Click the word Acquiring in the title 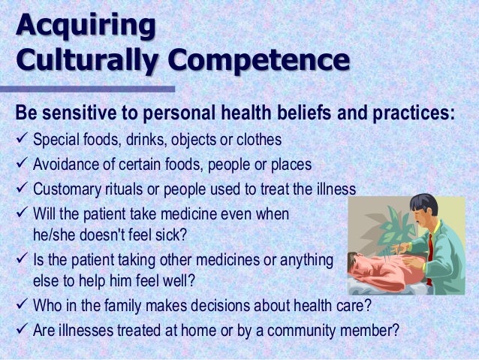tap(85, 26)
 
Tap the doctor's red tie tap(431, 247)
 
